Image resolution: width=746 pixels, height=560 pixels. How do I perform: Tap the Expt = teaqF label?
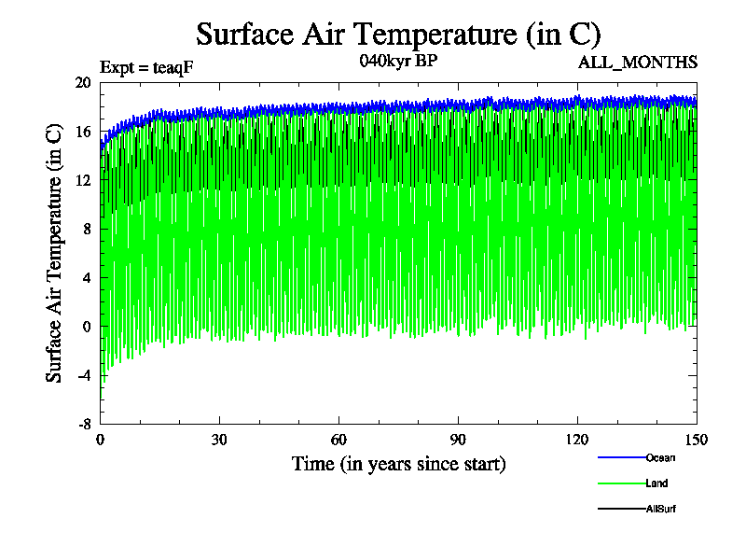coord(146,67)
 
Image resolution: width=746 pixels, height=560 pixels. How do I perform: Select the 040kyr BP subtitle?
coord(397,62)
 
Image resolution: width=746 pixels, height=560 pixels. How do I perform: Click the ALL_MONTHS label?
coord(638,63)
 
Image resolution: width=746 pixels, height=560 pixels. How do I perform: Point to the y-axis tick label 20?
coord(83,82)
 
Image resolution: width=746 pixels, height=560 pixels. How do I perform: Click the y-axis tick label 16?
coord(83,132)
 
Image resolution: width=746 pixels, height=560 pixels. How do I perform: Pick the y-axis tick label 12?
coord(83,180)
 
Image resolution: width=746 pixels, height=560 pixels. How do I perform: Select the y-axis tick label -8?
coord(83,423)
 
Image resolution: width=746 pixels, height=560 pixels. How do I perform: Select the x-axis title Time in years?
coord(398,464)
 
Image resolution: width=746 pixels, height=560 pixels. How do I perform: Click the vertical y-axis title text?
coord(55,252)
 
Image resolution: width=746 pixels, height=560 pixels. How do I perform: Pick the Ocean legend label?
coord(659,457)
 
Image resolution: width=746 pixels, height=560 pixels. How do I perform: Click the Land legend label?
coord(656,483)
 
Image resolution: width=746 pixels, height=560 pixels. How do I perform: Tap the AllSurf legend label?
coord(660,509)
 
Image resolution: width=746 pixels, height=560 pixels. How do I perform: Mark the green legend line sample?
coord(621,483)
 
